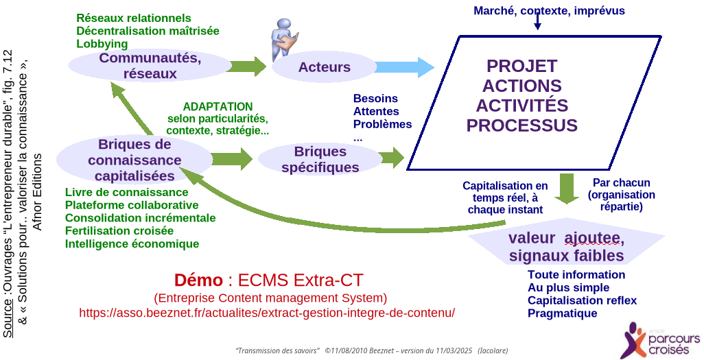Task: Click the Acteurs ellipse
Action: click(324, 67)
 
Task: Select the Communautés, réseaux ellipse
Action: click(150, 65)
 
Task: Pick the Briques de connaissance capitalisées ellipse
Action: click(134, 160)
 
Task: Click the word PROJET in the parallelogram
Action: click(521, 66)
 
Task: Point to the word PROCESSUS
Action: click(521, 126)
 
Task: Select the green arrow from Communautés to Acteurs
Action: click(248, 67)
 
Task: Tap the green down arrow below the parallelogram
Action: click(567, 189)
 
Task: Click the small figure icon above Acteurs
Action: click(283, 38)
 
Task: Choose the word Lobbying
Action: click(102, 44)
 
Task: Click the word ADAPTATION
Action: click(218, 107)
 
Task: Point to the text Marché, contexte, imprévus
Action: click(549, 10)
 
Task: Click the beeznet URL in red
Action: click(267, 313)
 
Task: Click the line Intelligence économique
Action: click(132, 243)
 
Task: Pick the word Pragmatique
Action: click(562, 313)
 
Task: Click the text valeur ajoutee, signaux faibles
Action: click(566, 247)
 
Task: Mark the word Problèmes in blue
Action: click(382, 124)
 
